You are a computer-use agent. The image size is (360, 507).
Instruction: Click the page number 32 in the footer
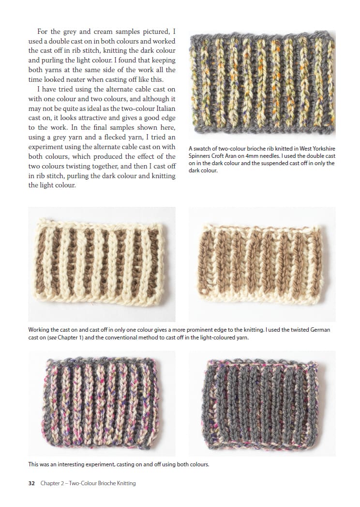click(31, 483)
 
